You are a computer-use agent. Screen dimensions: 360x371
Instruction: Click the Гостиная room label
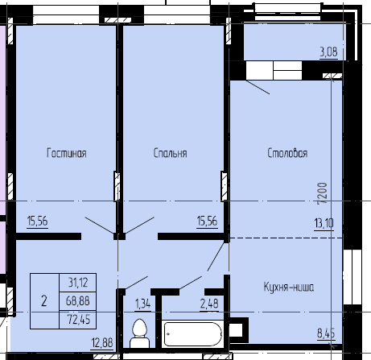(66, 153)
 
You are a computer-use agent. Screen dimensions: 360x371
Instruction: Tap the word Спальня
(171, 153)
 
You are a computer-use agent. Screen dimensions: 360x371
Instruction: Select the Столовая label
(287, 153)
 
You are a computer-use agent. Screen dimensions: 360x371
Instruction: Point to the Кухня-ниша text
(288, 287)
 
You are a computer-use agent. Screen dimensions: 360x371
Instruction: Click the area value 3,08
(328, 53)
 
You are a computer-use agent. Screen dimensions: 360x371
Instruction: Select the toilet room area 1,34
(142, 304)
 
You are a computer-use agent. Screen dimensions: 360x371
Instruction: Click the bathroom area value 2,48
(209, 304)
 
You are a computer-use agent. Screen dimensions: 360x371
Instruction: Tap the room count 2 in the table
(44, 300)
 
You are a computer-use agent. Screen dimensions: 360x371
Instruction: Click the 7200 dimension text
(320, 193)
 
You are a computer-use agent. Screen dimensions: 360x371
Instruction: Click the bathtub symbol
(193, 333)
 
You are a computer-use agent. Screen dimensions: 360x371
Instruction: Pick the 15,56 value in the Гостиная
(37, 222)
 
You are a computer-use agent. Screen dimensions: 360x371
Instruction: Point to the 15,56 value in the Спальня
(208, 222)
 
